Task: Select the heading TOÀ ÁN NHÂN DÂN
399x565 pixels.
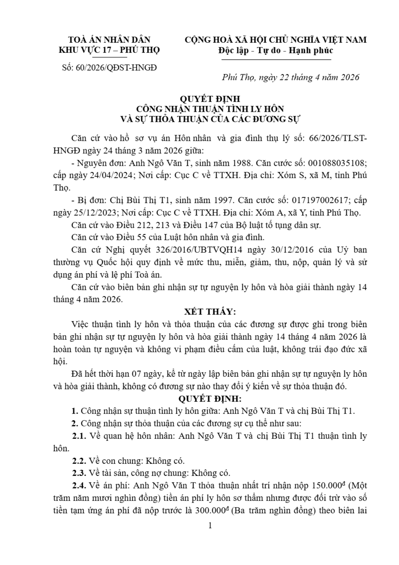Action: click(x=109, y=40)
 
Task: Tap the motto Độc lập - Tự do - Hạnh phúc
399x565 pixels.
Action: click(x=276, y=50)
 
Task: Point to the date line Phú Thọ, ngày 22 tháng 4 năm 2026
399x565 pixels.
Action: click(x=290, y=78)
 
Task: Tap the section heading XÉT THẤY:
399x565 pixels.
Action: click(x=210, y=312)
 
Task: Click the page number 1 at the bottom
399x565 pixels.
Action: click(x=210, y=525)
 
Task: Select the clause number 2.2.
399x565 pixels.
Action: click(x=79, y=461)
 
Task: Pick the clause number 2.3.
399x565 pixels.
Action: click(x=79, y=473)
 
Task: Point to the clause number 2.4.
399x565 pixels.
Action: click(x=79, y=485)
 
